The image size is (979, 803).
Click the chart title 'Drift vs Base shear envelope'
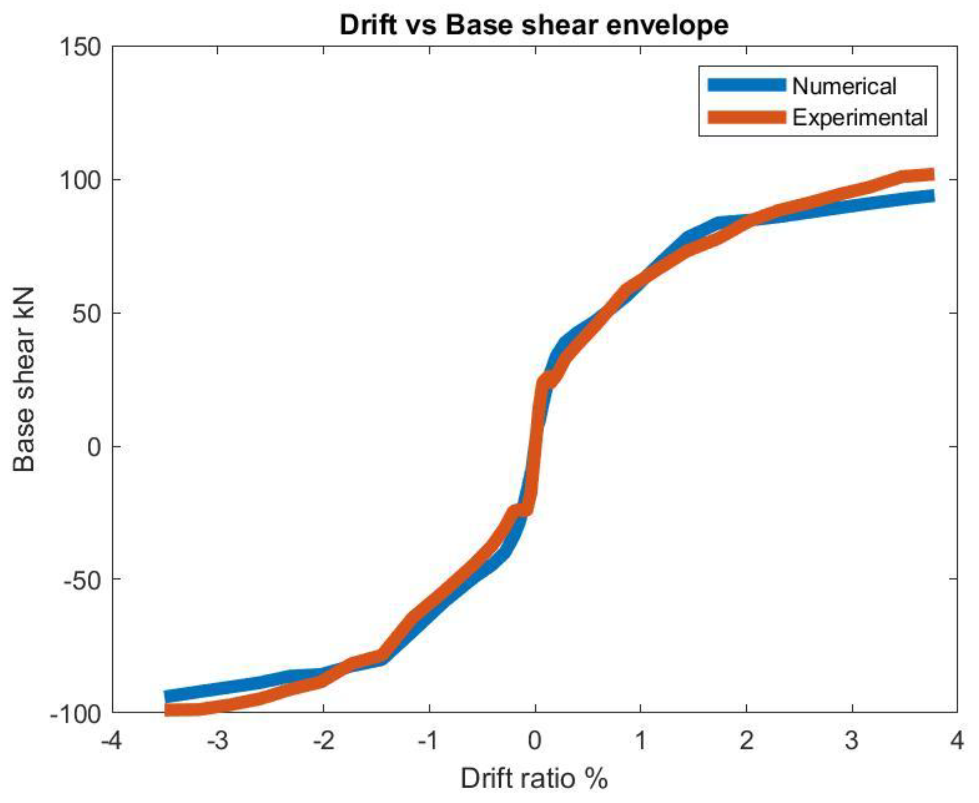[534, 25]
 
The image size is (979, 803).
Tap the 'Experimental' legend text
[860, 118]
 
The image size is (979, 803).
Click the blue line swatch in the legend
[746, 85]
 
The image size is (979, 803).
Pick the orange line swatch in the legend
[746, 117]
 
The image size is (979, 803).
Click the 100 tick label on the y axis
[81, 180]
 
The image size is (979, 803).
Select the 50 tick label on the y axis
[88, 313]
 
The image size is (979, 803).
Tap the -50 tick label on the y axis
[82, 580]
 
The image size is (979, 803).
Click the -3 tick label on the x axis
[217, 741]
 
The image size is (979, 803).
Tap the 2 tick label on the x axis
[746, 741]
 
